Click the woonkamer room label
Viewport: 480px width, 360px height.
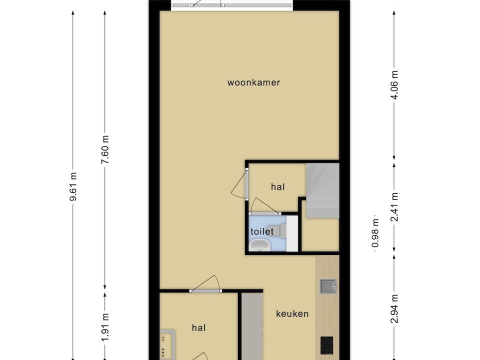point(253,82)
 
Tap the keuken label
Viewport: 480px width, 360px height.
point(292,314)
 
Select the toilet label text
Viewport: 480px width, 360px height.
point(262,231)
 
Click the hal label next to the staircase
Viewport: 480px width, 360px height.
point(278,186)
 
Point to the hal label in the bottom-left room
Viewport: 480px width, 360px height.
point(198,328)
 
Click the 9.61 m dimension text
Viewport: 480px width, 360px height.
point(73,186)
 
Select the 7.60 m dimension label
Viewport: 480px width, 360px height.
point(105,149)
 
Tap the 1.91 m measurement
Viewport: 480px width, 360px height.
point(105,327)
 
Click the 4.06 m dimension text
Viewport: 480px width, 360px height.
point(394,85)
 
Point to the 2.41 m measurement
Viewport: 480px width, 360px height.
point(394,207)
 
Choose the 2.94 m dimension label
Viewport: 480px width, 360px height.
point(394,308)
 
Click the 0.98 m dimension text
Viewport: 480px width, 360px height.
point(375,233)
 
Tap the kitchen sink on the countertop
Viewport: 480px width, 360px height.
point(328,286)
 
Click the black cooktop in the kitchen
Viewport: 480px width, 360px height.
point(327,345)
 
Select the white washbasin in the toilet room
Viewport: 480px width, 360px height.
point(259,245)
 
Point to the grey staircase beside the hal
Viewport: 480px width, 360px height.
point(322,190)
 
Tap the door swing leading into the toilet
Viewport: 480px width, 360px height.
point(264,206)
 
